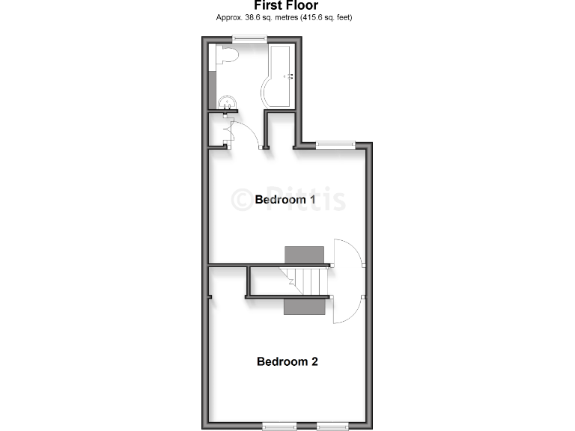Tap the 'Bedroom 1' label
tap(285, 200)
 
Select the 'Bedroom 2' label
tap(287, 361)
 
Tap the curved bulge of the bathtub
tap(268, 90)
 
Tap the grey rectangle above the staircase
tap(304, 254)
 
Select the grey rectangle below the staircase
tap(304, 307)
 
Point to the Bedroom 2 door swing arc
tap(349, 310)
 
